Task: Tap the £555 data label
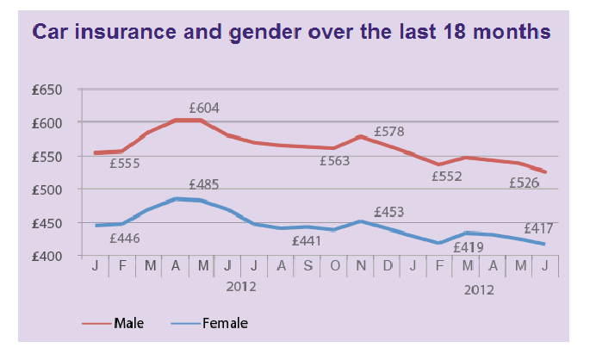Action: (x=126, y=163)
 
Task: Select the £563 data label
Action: (x=337, y=159)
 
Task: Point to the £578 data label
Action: (x=389, y=133)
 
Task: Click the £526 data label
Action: (x=525, y=182)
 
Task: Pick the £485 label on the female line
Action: (x=203, y=184)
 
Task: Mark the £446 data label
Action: (x=126, y=238)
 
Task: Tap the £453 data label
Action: (x=389, y=212)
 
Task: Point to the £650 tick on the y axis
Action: (x=56, y=90)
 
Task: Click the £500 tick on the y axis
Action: (x=56, y=189)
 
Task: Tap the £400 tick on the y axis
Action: (x=56, y=256)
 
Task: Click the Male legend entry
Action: (x=128, y=323)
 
